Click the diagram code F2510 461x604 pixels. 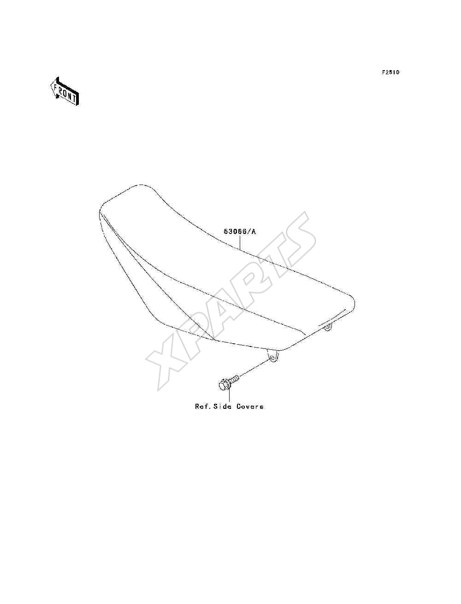[390, 72]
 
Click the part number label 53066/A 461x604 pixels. [240, 232]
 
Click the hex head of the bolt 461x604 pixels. [224, 384]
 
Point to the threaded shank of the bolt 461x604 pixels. [234, 380]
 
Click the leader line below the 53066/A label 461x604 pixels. [240, 242]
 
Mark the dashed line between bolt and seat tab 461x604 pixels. [255, 368]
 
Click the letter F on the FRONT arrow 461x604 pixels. [55, 88]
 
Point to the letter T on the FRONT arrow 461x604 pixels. [74, 98]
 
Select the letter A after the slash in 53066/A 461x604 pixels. [254, 232]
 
